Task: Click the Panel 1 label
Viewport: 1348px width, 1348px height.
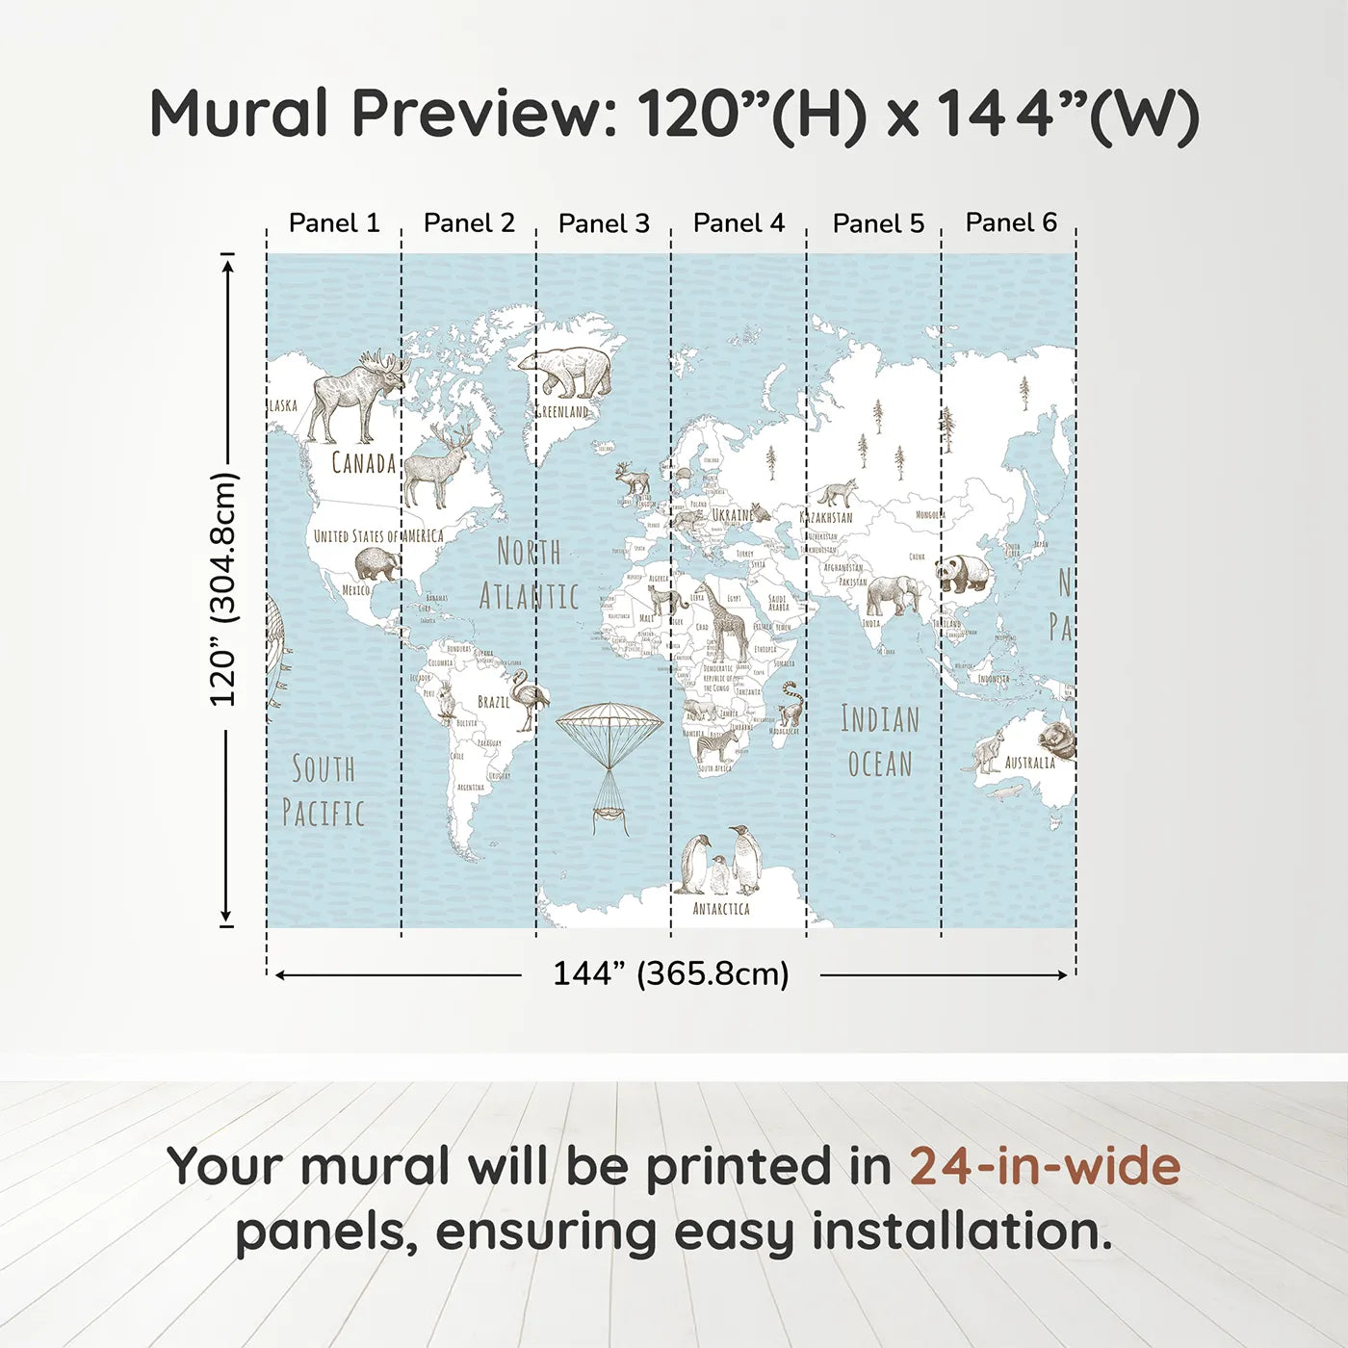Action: (x=334, y=223)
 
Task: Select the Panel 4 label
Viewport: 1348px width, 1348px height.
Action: (x=739, y=223)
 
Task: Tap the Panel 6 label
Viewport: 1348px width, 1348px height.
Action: (x=1011, y=222)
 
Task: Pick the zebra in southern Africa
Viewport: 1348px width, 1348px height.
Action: (x=717, y=745)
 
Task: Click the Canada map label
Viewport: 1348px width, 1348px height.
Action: (x=364, y=463)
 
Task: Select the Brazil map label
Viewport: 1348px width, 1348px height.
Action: (x=494, y=702)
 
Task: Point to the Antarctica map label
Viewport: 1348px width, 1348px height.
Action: (x=721, y=908)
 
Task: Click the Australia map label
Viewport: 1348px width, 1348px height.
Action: (x=1030, y=763)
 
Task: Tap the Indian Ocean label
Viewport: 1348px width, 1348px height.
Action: (x=880, y=741)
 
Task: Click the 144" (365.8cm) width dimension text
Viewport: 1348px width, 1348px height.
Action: (x=670, y=973)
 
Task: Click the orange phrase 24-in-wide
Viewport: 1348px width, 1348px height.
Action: (x=1045, y=1167)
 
